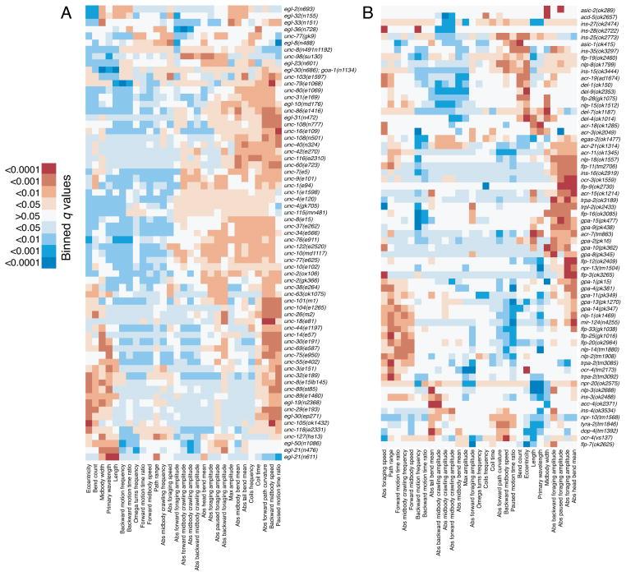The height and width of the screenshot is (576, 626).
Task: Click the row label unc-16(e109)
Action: (x=301, y=130)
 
